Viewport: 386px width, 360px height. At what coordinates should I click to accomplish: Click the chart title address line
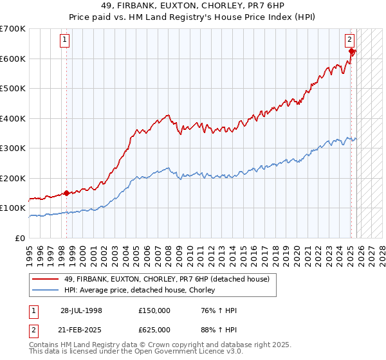192,4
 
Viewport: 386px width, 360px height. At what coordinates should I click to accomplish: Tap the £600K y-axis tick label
13,59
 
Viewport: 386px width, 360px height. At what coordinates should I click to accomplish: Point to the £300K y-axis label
13,148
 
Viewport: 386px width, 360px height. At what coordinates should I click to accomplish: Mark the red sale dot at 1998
67,193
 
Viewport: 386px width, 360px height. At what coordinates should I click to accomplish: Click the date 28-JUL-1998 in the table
81,310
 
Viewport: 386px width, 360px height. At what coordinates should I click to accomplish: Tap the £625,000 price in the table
154,330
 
